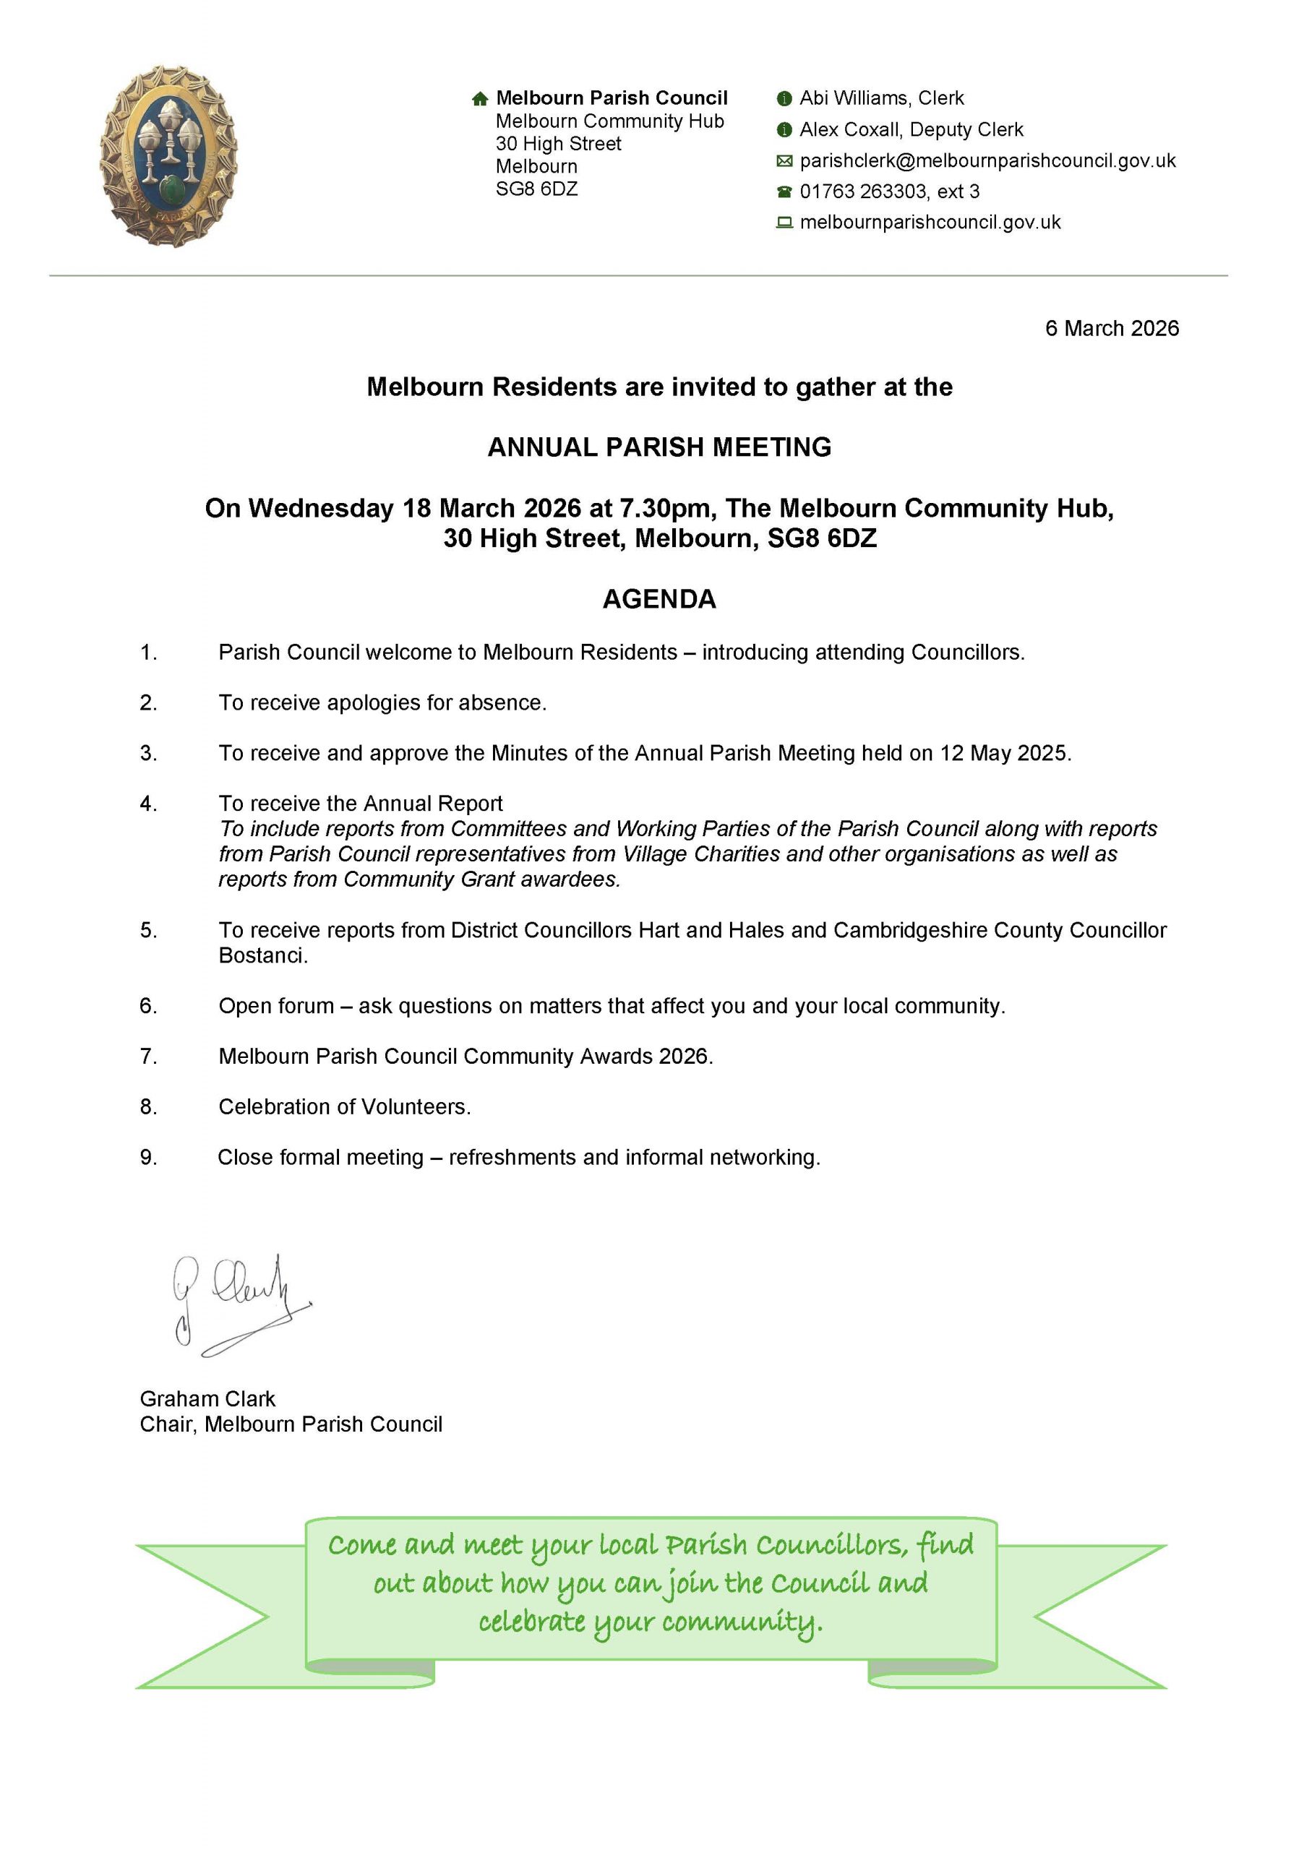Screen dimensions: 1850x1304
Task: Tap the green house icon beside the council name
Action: (x=479, y=99)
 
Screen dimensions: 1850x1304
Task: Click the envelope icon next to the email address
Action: (x=784, y=161)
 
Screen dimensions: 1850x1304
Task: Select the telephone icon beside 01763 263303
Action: (x=784, y=192)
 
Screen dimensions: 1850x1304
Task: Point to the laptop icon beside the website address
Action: (x=784, y=223)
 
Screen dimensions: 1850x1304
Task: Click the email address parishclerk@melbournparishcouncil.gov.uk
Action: (x=987, y=161)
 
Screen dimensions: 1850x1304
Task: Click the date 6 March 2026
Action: (x=1112, y=329)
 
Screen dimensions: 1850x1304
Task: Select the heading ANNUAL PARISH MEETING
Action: (x=659, y=447)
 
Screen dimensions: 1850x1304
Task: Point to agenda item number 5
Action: (x=148, y=931)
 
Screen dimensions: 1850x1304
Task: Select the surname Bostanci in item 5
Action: (x=262, y=956)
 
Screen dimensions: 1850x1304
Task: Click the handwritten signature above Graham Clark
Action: (x=238, y=1304)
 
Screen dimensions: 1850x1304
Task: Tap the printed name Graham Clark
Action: (x=207, y=1399)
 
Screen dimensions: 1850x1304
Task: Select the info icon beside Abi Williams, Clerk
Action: (x=784, y=99)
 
